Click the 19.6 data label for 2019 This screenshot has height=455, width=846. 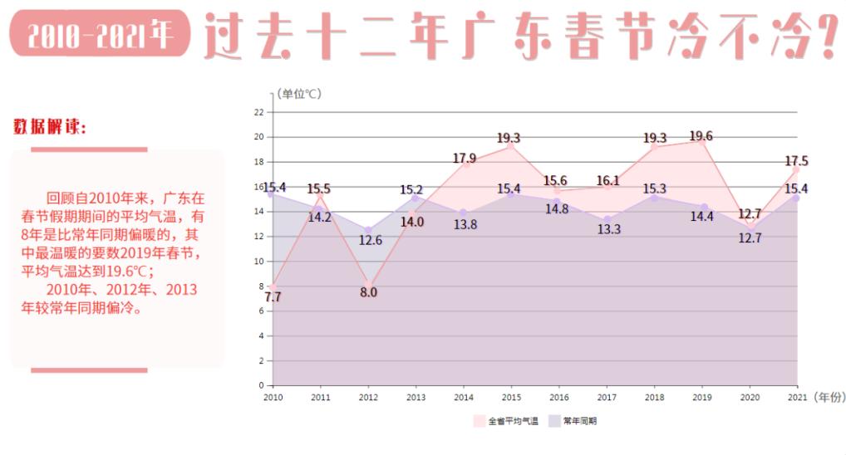coord(701,136)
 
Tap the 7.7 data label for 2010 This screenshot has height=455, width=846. coord(273,296)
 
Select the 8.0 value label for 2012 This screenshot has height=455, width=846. coord(368,292)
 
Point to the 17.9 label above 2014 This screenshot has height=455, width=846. coord(465,158)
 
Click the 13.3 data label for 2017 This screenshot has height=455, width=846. coord(608,229)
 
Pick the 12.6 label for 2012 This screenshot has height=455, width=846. coord(370,240)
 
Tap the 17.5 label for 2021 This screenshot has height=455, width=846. coord(796,161)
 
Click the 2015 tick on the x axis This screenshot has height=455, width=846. coord(511,398)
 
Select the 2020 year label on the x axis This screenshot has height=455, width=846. coord(750,398)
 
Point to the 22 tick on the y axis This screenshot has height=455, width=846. coord(259,112)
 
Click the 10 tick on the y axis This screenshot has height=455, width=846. coord(259,261)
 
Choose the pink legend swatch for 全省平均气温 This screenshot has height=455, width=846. coord(480,421)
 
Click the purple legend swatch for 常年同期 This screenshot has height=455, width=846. coord(554,421)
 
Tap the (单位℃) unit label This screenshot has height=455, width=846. coord(299,94)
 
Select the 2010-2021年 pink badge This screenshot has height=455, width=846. coord(100,34)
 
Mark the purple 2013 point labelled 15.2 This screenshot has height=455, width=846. coord(416,198)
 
